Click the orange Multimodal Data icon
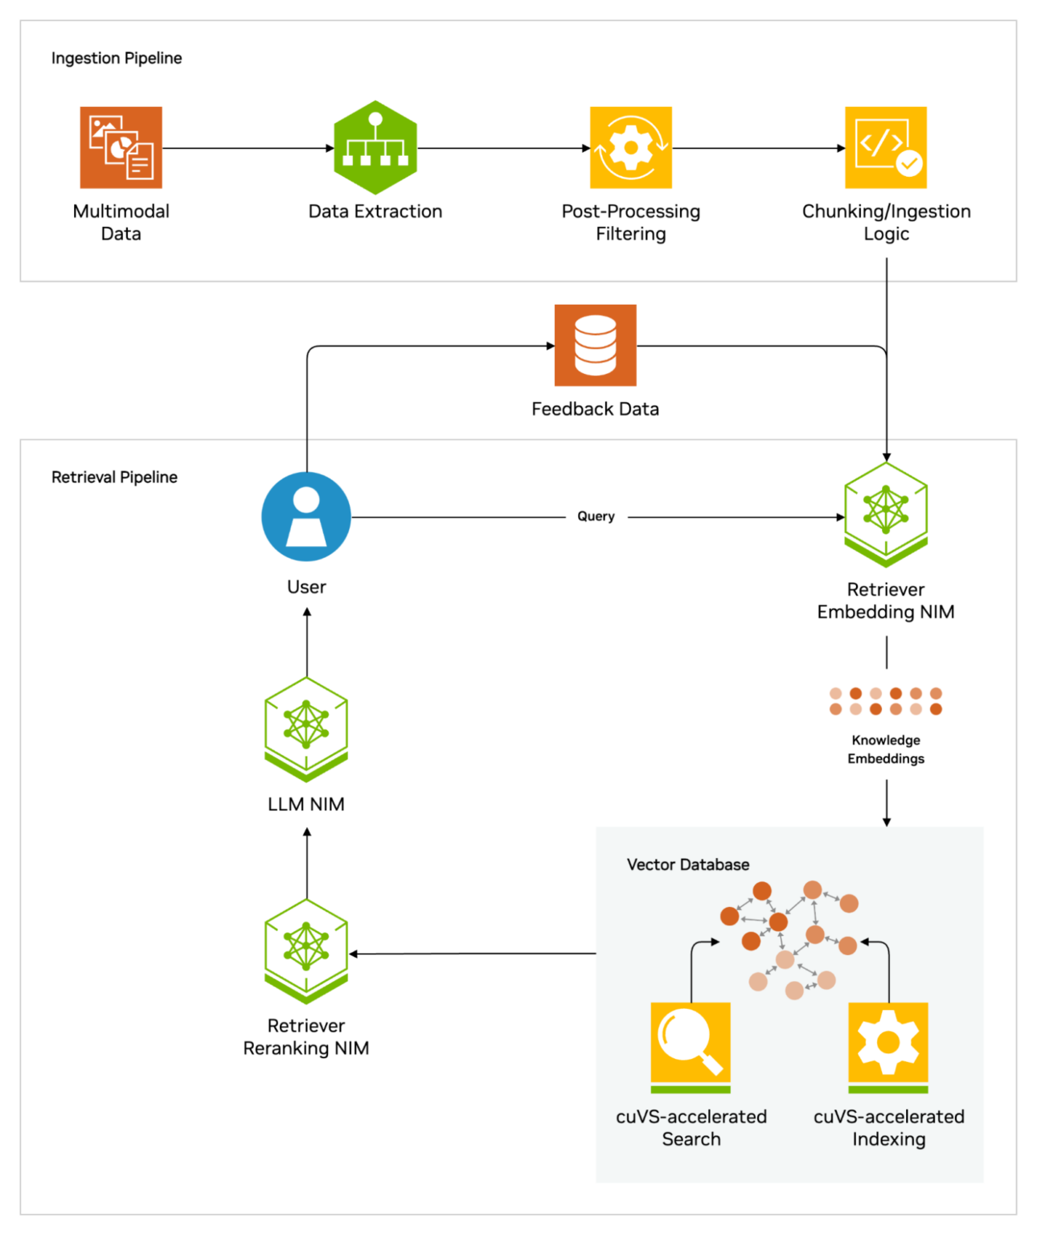pos(121,147)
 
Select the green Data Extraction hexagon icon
pos(375,147)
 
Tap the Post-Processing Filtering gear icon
pos(630,147)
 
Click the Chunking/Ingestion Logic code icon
pos(886,147)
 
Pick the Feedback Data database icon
pos(595,345)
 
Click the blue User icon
pos(306,516)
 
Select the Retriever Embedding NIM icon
pos(886,514)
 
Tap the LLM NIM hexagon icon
pos(306,728)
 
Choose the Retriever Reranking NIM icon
pos(306,951)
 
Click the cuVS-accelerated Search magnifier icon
pos(691,1046)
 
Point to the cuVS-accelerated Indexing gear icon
pos(888,1046)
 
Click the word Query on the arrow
pos(596,516)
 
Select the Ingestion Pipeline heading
pos(117,58)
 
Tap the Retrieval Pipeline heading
pos(114,477)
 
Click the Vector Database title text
pos(688,864)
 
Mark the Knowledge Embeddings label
pos(886,749)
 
